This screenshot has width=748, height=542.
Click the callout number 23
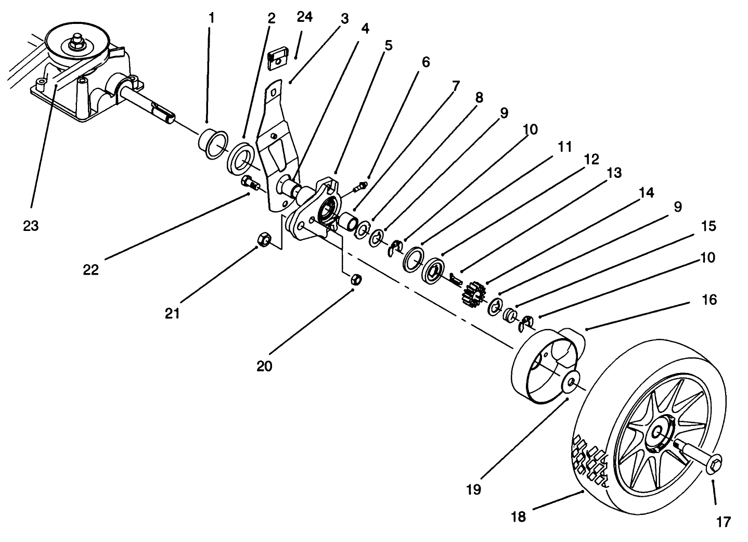[x=31, y=226]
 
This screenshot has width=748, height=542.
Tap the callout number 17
[x=724, y=522]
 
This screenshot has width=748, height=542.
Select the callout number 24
[x=305, y=17]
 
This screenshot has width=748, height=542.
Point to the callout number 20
[x=264, y=366]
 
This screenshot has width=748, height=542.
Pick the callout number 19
[x=474, y=489]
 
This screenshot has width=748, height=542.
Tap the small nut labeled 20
[x=356, y=278]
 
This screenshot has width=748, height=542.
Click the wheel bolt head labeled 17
[x=715, y=463]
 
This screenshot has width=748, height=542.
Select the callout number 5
[x=388, y=45]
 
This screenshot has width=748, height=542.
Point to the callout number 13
[x=614, y=173]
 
